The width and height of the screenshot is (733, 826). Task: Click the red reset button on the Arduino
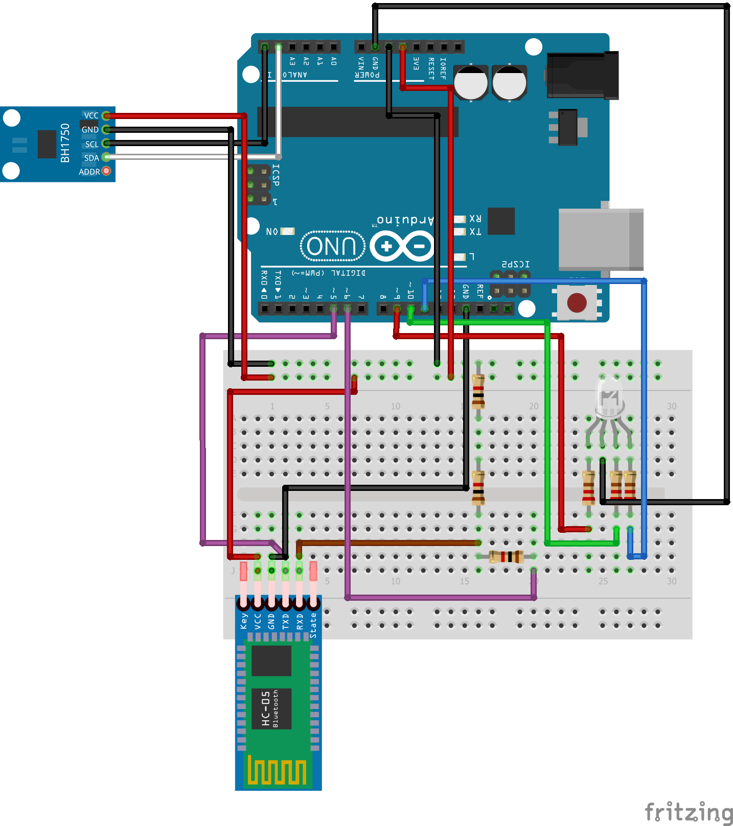point(577,302)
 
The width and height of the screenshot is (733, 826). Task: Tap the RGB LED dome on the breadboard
point(609,396)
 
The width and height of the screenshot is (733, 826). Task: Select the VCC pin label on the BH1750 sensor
point(91,115)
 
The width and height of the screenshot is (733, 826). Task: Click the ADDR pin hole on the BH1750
point(106,171)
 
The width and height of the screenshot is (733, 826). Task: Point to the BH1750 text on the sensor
point(65,143)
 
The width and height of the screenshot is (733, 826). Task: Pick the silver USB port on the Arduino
point(601,239)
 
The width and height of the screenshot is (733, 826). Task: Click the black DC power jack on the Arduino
point(583,76)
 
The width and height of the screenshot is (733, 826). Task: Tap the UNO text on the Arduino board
point(332,246)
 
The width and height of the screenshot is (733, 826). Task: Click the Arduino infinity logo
point(402,246)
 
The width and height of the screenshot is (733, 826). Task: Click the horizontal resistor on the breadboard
point(506,556)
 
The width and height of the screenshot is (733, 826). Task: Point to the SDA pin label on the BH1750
point(91,158)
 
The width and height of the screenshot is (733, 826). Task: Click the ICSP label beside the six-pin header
point(276,175)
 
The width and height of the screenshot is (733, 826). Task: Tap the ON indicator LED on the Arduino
point(288,231)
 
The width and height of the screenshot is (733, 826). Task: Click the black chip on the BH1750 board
point(47,144)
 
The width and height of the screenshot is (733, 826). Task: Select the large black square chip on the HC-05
point(271,660)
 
